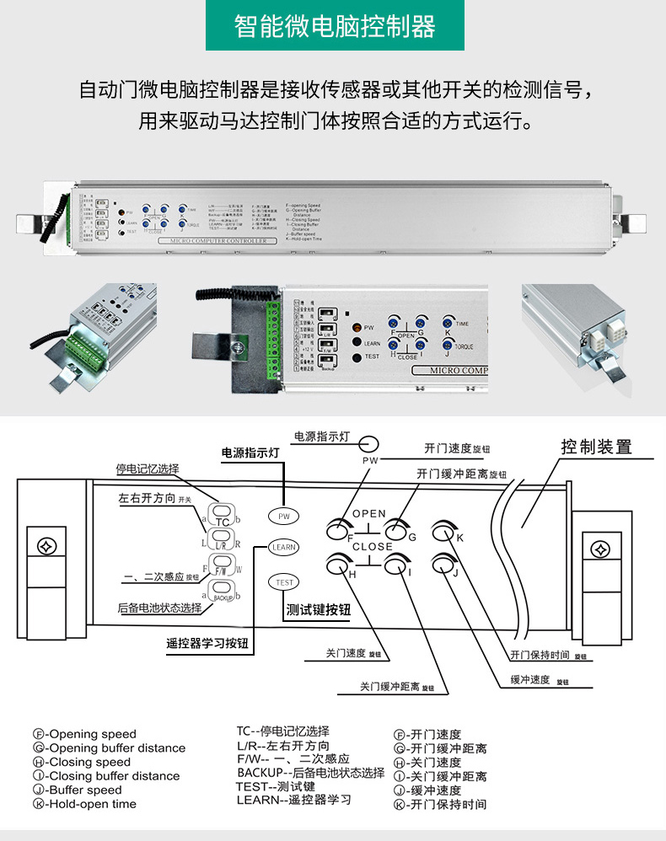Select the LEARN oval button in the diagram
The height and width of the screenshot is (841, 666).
(284, 547)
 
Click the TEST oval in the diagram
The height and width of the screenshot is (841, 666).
(284, 582)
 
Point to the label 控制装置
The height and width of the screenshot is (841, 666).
(596, 447)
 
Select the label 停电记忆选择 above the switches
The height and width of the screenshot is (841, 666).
(148, 469)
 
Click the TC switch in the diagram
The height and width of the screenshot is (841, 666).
(223, 516)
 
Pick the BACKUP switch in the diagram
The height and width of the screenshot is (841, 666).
(223, 593)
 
